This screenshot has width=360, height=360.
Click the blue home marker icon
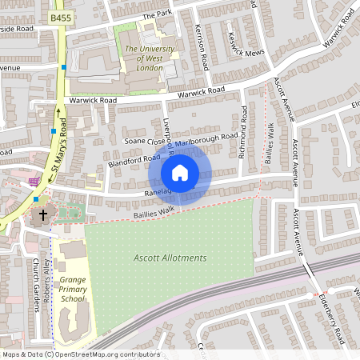click(x=180, y=173)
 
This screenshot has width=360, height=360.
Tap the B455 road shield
click(x=59, y=17)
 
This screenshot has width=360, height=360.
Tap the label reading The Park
click(x=158, y=14)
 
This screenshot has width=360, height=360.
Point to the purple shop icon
click(x=34, y=182)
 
